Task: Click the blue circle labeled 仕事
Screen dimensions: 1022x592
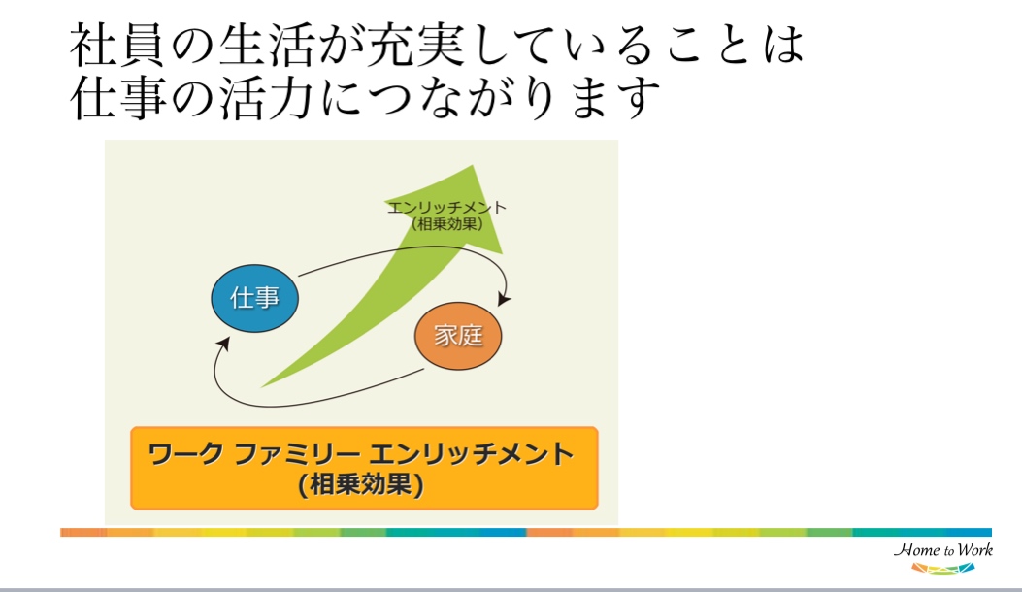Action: coord(255,298)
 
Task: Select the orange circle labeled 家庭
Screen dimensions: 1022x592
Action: coord(458,336)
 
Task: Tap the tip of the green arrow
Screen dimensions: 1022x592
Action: coord(474,166)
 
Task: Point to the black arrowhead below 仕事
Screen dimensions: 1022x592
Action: coord(223,344)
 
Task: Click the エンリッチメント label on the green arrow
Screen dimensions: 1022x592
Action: coord(446,208)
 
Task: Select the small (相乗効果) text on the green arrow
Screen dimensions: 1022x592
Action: coord(447,223)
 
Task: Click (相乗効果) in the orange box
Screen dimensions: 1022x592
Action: coord(361,484)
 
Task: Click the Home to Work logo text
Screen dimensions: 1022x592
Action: coord(943,550)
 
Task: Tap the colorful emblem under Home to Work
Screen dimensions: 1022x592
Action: coord(943,569)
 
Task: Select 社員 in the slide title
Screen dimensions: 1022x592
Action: coord(117,46)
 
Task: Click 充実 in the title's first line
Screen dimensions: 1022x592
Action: coord(413,46)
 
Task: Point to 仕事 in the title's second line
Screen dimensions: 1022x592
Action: coord(117,98)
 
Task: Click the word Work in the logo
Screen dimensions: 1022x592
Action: coord(975,549)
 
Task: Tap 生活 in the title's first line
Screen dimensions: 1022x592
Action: coord(266,46)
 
